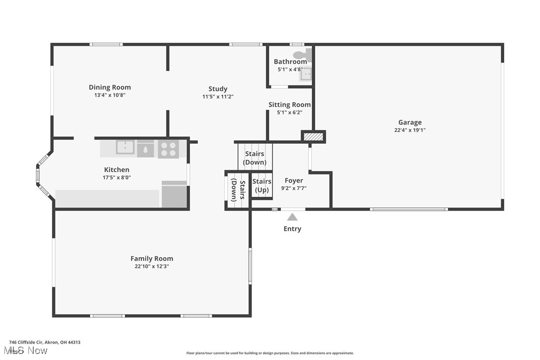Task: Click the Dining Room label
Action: (x=110, y=88)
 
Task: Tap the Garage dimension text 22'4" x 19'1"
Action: (x=410, y=130)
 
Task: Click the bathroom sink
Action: (x=306, y=75)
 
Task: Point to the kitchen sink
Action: (x=125, y=148)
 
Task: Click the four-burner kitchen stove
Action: (x=169, y=149)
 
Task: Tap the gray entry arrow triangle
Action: (x=292, y=217)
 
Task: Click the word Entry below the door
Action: (x=292, y=229)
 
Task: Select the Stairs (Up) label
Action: (x=262, y=185)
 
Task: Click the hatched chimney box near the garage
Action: (x=313, y=136)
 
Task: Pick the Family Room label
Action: (x=152, y=259)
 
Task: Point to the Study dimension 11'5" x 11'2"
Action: (x=218, y=96)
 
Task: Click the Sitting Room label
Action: (x=289, y=104)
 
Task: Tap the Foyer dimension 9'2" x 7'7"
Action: (x=293, y=188)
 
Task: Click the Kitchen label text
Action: (x=117, y=170)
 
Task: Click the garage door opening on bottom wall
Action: (x=409, y=209)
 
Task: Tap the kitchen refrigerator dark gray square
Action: (x=174, y=195)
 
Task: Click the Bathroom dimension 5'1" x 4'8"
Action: (x=290, y=70)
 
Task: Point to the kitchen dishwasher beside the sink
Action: (x=145, y=149)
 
